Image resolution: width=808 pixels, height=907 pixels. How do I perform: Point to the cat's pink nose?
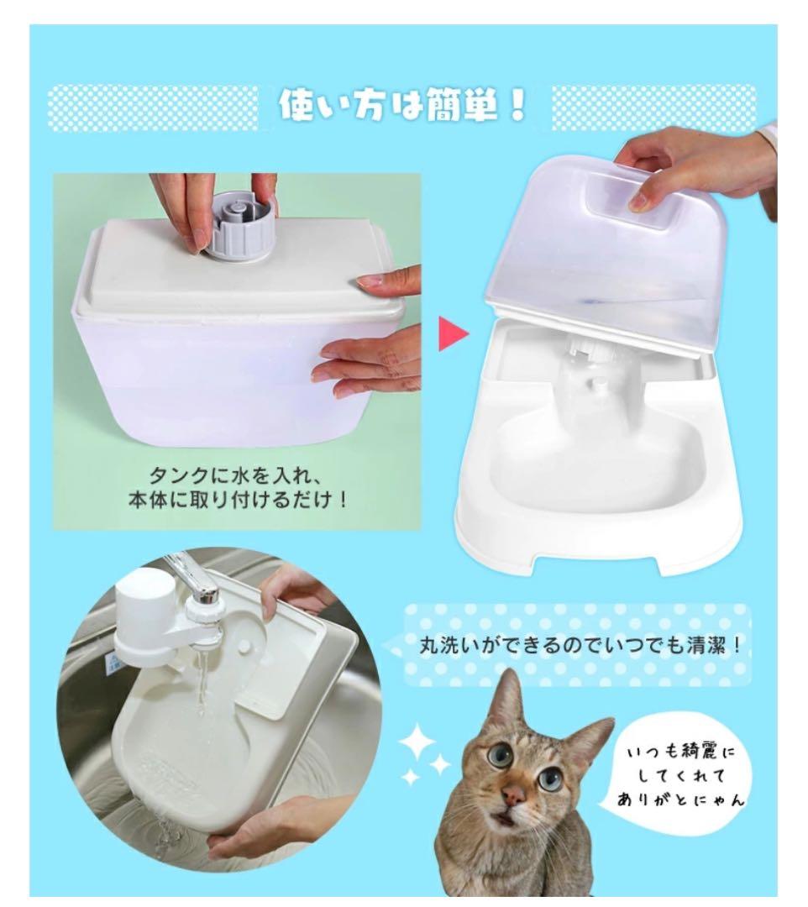tap(513, 794)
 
